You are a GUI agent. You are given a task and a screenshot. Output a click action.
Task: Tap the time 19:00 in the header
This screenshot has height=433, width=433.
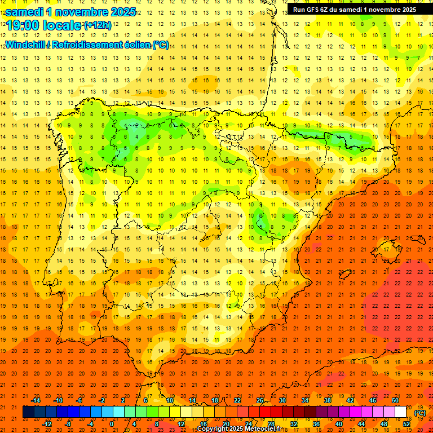22,25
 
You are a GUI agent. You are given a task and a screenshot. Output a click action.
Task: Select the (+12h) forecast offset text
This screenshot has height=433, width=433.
98,25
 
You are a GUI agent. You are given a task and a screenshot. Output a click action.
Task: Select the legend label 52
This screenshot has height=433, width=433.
407,424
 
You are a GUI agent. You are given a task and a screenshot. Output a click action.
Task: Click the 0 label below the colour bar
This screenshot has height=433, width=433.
112,424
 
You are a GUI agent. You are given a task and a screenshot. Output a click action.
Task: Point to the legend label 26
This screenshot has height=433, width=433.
259,400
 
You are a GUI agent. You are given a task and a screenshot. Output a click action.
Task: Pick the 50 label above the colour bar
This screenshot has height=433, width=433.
395,400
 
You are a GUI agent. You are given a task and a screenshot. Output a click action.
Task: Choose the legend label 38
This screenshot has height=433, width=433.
327,400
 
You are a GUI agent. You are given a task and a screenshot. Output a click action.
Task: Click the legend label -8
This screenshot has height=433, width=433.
68,424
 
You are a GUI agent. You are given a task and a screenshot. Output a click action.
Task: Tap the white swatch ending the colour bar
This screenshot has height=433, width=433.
401,412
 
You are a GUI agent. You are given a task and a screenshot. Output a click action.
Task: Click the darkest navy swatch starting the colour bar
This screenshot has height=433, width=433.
28,412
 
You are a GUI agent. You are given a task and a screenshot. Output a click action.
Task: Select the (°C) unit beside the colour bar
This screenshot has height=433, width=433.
420,413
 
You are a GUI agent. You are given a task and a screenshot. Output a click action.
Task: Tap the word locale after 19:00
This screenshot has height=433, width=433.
60,25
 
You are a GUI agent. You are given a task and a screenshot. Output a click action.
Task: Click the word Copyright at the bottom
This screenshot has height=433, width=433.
213,429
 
